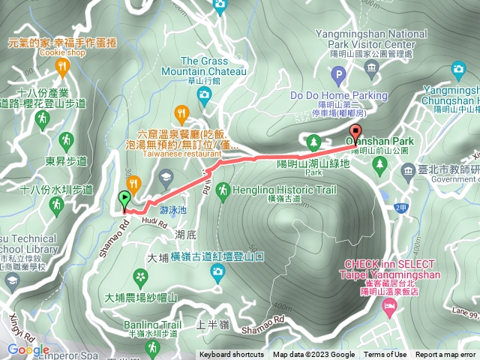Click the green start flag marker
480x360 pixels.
[124, 199]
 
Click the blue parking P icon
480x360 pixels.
[338, 76]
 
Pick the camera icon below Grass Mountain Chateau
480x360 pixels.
[203, 94]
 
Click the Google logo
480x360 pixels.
[28, 349]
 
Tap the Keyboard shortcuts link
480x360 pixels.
[231, 355]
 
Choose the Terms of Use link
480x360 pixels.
[385, 355]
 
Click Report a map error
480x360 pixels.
[445, 355]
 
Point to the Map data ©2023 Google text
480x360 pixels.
[313, 355]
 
